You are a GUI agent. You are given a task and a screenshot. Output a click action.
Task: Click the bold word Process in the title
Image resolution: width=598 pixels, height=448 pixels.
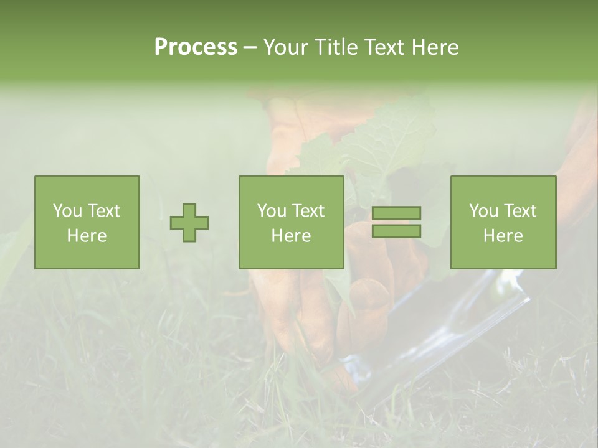click(x=196, y=47)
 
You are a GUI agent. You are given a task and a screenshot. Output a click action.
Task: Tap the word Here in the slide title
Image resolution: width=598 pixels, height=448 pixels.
click(x=435, y=47)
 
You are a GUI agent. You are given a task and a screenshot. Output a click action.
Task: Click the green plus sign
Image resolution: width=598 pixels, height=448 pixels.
click(x=189, y=222)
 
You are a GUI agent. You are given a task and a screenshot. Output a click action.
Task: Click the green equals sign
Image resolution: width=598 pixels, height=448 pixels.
click(x=396, y=222)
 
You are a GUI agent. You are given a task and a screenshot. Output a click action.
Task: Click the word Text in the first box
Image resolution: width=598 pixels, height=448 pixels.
click(x=104, y=211)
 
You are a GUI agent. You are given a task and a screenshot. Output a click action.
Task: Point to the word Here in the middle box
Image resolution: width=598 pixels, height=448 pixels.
click(x=292, y=236)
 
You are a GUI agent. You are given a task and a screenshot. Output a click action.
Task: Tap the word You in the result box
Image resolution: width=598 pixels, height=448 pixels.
click(x=484, y=211)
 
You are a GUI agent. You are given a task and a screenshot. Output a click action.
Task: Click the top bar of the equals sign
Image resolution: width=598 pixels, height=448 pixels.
click(x=396, y=213)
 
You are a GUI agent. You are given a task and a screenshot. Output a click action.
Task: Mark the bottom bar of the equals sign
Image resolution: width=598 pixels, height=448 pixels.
click(x=396, y=231)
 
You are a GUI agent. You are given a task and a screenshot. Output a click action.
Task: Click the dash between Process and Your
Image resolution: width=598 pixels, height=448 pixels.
click(x=250, y=47)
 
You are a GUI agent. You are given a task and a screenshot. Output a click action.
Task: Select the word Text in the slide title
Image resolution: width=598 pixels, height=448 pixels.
click(x=382, y=47)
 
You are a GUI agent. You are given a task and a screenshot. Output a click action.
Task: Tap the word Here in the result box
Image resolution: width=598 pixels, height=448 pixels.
click(x=503, y=236)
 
